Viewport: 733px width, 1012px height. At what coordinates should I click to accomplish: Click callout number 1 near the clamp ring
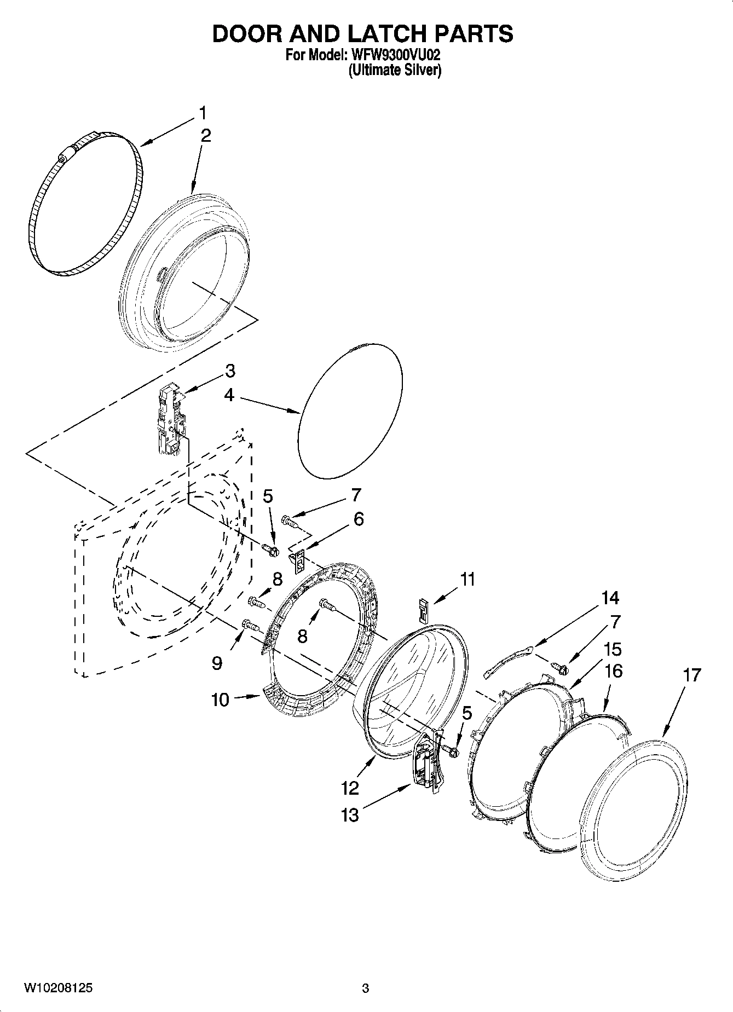click(x=203, y=113)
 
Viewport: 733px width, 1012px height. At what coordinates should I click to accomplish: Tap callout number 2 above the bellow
click(x=205, y=136)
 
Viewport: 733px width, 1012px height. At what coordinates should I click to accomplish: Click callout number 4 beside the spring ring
click(x=229, y=395)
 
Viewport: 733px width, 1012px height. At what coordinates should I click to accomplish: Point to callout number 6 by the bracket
click(x=358, y=519)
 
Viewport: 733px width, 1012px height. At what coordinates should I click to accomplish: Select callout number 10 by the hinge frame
click(x=220, y=699)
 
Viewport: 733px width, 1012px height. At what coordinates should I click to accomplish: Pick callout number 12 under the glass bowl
click(x=350, y=788)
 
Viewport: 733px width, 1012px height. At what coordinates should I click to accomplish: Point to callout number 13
click(x=350, y=815)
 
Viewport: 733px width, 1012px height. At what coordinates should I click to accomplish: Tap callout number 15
click(x=613, y=649)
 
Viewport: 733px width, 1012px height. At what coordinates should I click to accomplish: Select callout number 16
click(x=614, y=670)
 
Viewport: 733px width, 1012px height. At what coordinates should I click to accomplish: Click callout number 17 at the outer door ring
click(x=692, y=675)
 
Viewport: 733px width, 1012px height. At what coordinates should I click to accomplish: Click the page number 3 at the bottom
click(x=366, y=988)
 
